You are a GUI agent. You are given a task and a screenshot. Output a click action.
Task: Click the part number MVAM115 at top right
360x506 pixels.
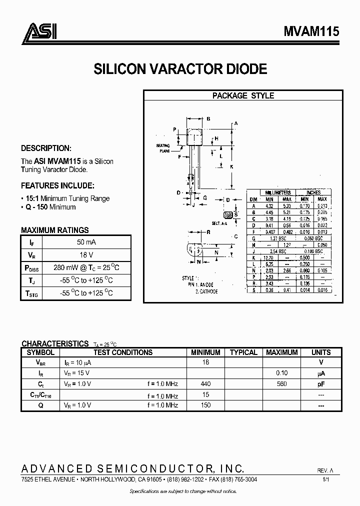point(312,31)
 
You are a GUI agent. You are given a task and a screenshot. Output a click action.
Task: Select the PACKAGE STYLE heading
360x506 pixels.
point(243,95)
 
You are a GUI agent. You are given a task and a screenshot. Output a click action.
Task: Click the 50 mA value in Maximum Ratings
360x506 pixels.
point(87,242)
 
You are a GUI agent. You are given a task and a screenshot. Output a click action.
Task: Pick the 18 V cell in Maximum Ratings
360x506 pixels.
point(87,254)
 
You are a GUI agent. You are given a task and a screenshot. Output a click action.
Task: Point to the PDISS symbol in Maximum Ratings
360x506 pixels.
point(31,268)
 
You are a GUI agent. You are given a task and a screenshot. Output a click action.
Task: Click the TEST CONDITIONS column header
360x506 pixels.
point(123,352)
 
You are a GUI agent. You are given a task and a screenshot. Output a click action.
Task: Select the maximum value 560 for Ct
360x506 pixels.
point(281,384)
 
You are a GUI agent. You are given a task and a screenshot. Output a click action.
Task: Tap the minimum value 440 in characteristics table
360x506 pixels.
point(205,384)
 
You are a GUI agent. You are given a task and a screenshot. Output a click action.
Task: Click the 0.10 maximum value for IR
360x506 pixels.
point(281,373)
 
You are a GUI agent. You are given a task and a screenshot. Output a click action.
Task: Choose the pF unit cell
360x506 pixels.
point(320,384)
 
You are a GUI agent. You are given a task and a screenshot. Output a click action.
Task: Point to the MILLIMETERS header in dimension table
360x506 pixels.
point(278,192)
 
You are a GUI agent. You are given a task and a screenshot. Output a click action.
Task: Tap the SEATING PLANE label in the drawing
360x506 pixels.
point(163,147)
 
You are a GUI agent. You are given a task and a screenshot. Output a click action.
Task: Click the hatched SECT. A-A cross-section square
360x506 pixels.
point(228,215)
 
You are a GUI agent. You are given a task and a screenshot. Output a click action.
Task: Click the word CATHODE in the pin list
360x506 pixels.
point(209,291)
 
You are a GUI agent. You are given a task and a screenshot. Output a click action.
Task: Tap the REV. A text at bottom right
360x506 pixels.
point(324,471)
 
